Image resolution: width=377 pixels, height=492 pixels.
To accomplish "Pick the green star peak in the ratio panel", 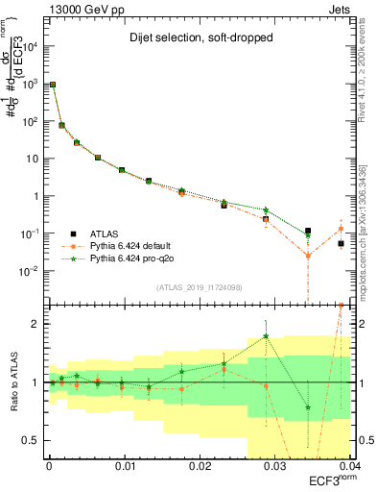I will coord(266,336).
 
